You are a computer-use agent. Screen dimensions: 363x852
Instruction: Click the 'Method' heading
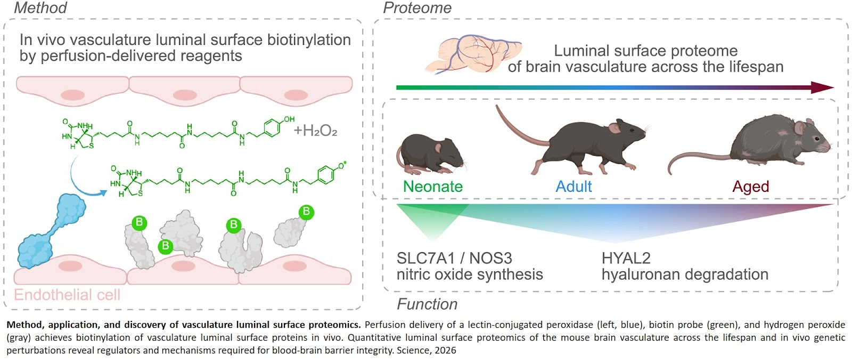click(40, 8)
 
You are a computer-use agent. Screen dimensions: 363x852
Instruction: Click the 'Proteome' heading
click(417, 8)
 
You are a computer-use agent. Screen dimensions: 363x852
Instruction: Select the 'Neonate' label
click(432, 187)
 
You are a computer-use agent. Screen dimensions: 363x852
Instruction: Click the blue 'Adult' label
click(574, 187)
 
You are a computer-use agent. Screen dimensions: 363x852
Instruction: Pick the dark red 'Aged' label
click(750, 187)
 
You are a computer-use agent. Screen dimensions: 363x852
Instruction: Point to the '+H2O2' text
click(315, 131)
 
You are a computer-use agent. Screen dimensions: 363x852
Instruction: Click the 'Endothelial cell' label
click(67, 295)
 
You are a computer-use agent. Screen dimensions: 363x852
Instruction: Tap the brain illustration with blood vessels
click(471, 53)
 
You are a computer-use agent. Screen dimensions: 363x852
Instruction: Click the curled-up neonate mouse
click(430, 154)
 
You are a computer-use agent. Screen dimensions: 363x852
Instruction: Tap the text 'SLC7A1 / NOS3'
click(454, 259)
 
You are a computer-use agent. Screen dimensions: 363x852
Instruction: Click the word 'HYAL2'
click(626, 259)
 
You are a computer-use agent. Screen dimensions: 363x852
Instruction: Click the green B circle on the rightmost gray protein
click(306, 212)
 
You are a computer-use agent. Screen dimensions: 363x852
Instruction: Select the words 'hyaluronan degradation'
click(685, 275)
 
